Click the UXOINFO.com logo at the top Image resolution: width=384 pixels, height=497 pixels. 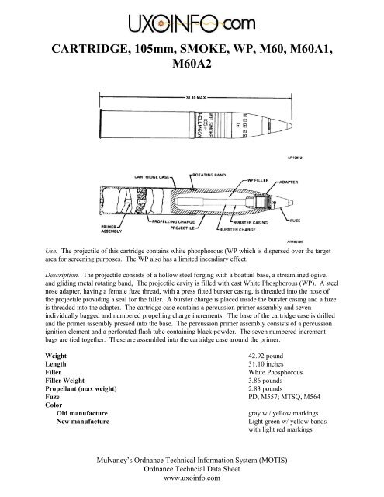point(192,19)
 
